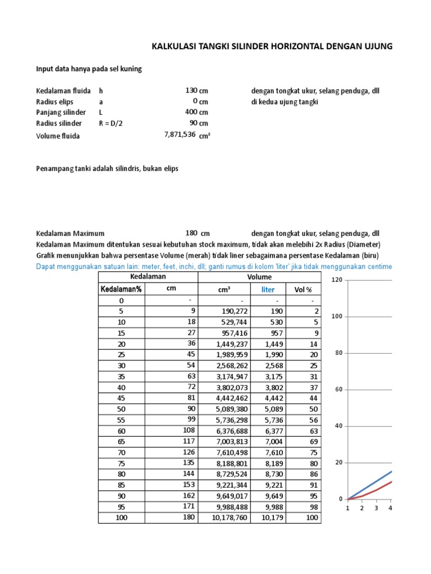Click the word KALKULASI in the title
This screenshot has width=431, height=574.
pos(173,47)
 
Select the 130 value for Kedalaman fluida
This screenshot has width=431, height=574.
pos(191,90)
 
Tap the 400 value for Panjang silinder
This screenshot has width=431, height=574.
pos(191,112)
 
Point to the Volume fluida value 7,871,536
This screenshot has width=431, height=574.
pos(180,135)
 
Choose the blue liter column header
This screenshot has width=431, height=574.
pos(268,289)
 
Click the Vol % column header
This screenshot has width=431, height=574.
pos(303,289)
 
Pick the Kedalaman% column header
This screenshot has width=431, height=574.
pos(121,289)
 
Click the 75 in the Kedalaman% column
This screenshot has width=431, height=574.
pos(122,464)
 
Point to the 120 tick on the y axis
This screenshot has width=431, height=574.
pos(337,279)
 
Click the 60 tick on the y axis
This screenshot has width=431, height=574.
pos(338,389)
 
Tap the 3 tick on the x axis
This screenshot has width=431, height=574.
pos(376,508)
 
